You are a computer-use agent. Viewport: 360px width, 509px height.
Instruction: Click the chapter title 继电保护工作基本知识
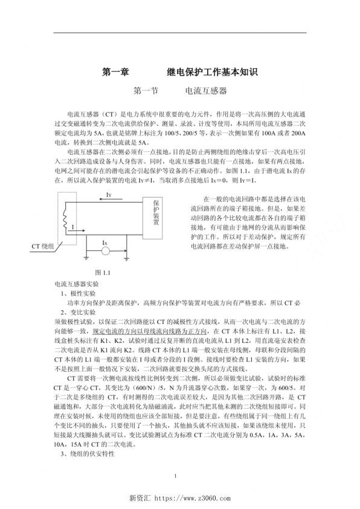coord(212,73)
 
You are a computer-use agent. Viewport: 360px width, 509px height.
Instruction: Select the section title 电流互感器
coord(206,91)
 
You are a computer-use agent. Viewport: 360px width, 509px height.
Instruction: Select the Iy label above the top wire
coord(108,195)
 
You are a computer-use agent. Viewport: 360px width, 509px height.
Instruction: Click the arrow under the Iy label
coord(109,203)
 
